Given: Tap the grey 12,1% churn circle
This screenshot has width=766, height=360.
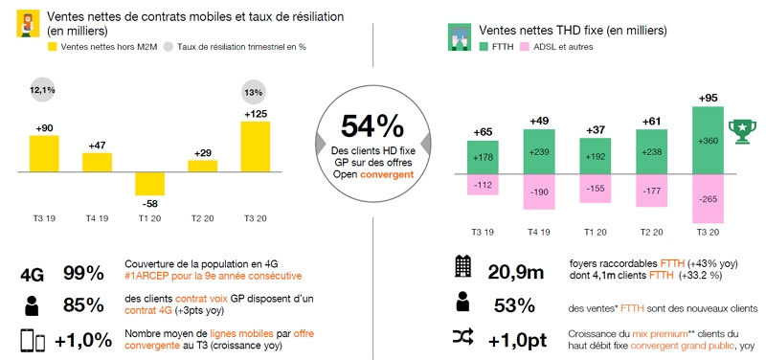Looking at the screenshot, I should tap(44, 91).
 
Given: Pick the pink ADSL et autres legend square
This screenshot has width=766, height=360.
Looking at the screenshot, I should tap(526, 46).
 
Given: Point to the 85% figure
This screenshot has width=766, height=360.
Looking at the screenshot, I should tap(83, 305).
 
